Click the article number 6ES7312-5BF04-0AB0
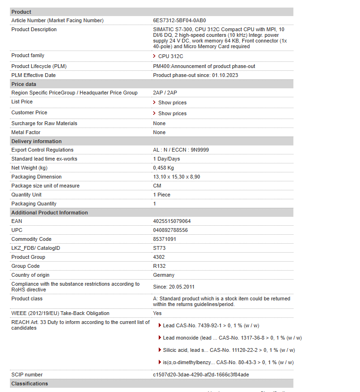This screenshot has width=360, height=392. (x=180, y=20)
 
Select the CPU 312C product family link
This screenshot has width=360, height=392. (x=171, y=56)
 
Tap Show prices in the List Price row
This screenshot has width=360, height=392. (x=172, y=102)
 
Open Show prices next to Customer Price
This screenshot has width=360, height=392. (x=172, y=113)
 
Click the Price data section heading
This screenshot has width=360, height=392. (x=24, y=84)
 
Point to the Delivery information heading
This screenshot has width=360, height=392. (x=36, y=141)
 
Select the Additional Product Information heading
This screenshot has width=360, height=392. (x=50, y=213)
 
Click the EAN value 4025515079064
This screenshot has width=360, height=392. (x=172, y=221)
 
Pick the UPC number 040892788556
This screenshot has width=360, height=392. (x=170, y=230)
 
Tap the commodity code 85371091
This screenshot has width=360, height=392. (x=164, y=239)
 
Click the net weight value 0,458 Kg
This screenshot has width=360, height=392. (x=163, y=168)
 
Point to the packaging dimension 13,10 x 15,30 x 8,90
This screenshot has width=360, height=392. (x=176, y=177)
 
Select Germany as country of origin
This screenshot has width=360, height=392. (x=163, y=275)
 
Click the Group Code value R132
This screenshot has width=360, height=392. (x=160, y=266)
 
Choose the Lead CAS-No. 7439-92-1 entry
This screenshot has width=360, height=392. (x=211, y=325)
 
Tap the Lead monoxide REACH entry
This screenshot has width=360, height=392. (x=232, y=338)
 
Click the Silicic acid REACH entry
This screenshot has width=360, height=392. (x=229, y=350)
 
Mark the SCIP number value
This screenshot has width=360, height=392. (x=201, y=375)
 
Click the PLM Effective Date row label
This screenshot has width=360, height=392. (x=34, y=75)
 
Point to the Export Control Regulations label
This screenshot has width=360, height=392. (x=43, y=150)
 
